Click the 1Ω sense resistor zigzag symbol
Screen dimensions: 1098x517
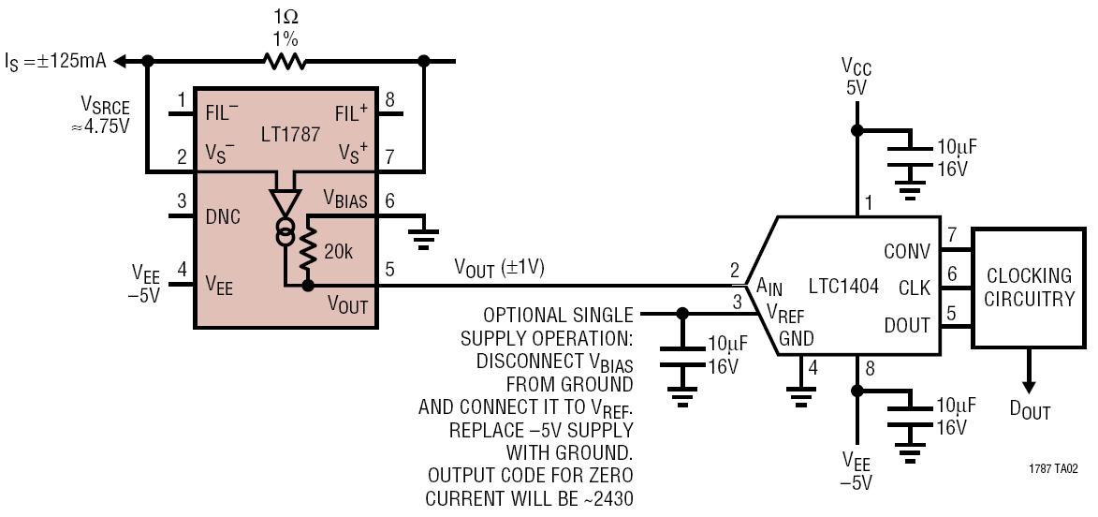(285, 61)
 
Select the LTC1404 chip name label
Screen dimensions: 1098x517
(843, 287)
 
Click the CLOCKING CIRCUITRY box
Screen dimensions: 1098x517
(1028, 288)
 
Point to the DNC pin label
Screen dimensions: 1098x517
(222, 217)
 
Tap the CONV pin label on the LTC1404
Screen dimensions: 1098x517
(908, 250)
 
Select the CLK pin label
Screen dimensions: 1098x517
(915, 288)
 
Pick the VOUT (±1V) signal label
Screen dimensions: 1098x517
(500, 268)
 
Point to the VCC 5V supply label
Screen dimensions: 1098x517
(856, 78)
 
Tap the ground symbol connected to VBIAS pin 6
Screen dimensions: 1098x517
(423, 237)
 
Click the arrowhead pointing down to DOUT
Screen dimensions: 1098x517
(1027, 385)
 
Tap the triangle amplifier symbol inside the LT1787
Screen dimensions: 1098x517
(285, 201)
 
